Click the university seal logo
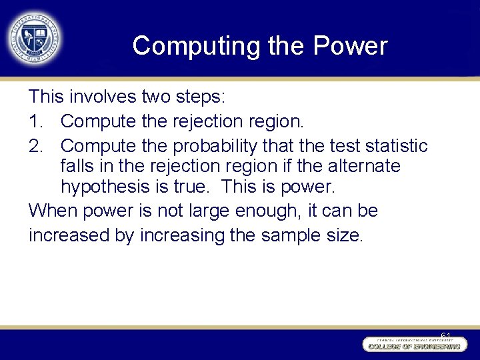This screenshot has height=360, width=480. [34, 37]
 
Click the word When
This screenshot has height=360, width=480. [53, 211]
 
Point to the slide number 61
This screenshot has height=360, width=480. [446, 335]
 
